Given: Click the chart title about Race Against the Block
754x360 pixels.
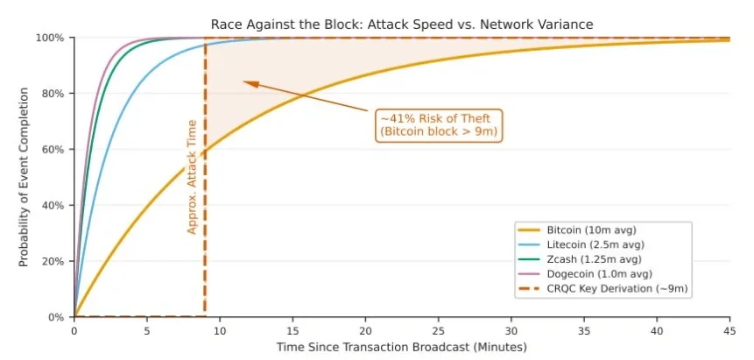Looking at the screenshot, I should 402,24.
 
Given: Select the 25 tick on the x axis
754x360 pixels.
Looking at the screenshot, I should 439,331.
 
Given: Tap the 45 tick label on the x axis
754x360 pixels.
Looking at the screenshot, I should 729,331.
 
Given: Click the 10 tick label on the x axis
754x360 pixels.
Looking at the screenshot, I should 220,331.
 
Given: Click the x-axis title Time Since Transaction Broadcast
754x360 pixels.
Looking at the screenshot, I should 402,348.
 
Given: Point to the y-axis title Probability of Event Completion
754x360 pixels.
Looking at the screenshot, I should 24,177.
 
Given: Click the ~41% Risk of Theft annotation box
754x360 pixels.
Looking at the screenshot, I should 440,124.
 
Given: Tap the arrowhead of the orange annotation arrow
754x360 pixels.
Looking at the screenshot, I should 247,83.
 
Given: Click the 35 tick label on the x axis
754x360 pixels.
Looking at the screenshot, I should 584,331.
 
